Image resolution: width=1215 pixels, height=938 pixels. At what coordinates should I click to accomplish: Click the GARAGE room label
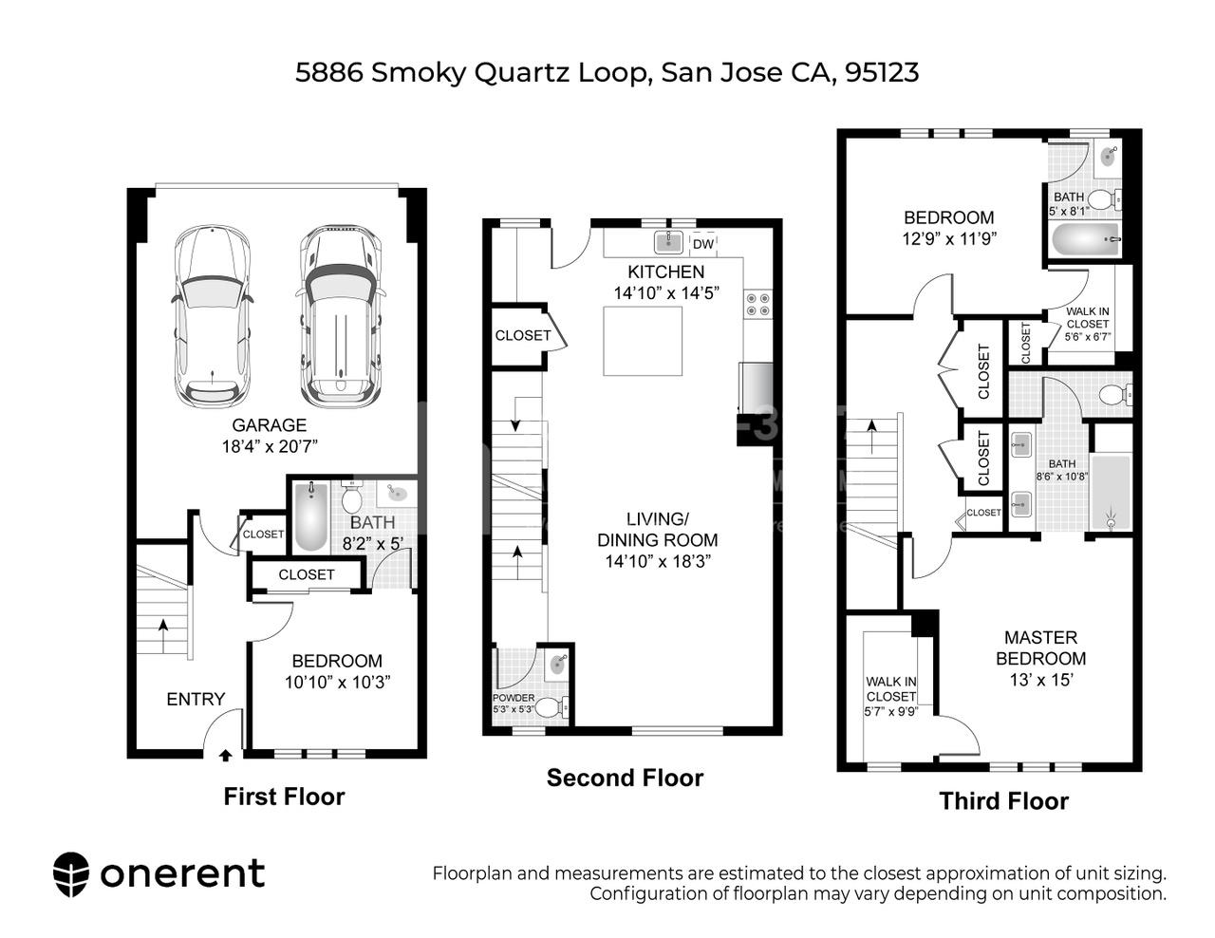coord(270,425)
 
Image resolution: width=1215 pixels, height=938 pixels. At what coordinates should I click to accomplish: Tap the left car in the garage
coord(213,316)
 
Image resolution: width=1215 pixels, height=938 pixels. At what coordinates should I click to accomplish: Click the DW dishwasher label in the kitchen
coord(702,244)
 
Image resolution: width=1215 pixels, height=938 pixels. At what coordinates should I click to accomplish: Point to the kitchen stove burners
coord(757,304)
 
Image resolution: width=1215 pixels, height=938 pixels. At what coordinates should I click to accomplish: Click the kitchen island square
coord(644,341)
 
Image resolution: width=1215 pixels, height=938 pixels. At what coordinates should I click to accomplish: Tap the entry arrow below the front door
coord(225,756)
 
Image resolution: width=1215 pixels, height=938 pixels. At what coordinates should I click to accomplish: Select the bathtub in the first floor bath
coord(310,517)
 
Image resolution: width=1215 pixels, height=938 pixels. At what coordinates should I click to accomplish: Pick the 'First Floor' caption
coord(284,797)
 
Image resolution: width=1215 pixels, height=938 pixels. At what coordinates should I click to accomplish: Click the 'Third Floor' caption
coord(1003,801)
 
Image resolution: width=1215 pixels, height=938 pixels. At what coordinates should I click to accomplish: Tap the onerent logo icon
coord(71,873)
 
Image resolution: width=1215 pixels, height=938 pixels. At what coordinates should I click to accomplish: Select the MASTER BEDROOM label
coord(1040,647)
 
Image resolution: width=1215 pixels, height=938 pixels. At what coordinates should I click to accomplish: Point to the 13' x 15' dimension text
coord(1040,680)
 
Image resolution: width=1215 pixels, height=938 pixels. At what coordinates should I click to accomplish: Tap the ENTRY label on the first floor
coord(196,699)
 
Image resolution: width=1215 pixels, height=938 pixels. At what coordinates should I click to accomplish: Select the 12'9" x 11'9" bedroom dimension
coord(948,238)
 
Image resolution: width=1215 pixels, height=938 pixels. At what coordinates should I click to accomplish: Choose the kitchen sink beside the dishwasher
coord(670,239)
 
